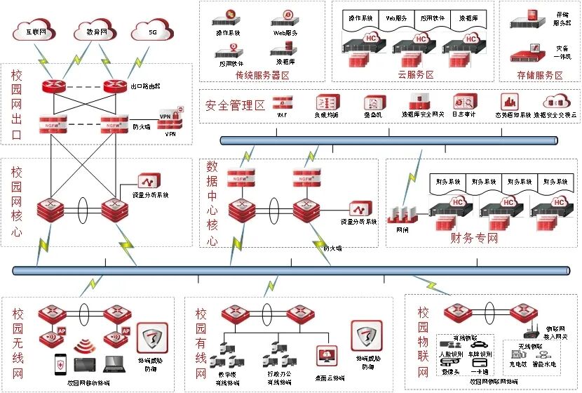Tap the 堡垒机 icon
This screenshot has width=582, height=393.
click(x=371, y=102)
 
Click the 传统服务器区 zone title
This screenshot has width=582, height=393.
click(x=263, y=75)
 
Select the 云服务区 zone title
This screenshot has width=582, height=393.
click(x=414, y=75)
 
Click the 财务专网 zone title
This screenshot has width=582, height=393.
click(x=474, y=237)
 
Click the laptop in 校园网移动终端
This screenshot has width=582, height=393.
click(x=112, y=364)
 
